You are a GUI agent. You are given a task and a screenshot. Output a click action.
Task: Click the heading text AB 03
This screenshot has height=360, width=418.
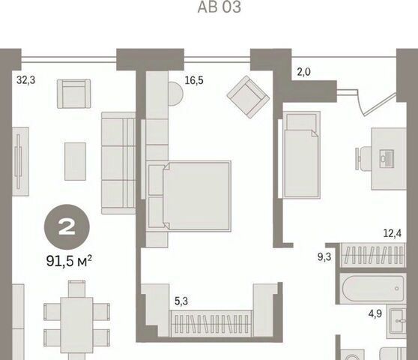(219, 7)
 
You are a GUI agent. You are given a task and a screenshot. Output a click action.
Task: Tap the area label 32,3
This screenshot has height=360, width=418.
(26, 79)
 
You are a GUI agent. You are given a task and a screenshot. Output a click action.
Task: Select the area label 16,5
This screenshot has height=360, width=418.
(194, 80)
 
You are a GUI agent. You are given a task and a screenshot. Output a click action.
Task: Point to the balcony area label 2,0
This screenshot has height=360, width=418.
(304, 72)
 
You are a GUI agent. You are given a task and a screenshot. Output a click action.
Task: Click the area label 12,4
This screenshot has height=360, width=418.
(392, 233)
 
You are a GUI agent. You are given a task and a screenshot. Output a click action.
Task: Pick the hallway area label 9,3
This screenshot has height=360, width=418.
(324, 256)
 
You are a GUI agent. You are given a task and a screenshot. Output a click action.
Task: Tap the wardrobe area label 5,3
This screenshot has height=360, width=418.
(181, 301)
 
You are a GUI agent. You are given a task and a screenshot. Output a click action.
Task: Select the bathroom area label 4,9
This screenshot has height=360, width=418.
(375, 313)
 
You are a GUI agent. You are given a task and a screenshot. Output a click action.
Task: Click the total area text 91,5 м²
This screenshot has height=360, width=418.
(69, 261)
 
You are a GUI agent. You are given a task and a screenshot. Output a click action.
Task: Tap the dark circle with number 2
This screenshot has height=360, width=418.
(67, 227)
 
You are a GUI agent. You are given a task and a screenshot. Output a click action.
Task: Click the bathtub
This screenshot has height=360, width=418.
(373, 289)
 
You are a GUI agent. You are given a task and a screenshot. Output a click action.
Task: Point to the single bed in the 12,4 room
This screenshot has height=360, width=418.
(301, 154)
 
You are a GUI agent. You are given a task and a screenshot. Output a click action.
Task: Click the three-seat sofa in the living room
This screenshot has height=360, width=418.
(118, 163)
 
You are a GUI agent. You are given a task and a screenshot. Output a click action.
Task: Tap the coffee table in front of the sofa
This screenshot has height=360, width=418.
(75, 161)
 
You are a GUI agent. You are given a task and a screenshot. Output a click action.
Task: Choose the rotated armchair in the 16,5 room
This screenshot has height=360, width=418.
(248, 97)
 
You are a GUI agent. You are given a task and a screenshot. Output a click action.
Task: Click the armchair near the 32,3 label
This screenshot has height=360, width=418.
(74, 94)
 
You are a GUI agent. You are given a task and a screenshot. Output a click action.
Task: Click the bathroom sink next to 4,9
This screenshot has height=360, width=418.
(398, 321)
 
